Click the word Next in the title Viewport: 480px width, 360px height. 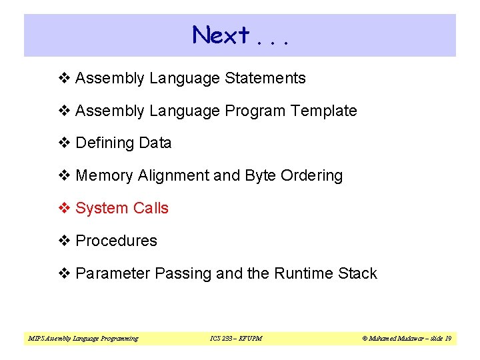221,35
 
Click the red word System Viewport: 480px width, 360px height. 102,208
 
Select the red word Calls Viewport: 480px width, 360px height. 151,208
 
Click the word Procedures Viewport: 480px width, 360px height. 117,241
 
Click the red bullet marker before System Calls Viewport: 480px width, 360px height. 65,208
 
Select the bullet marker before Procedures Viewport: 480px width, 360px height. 65,241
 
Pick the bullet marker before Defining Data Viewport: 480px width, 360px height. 65,143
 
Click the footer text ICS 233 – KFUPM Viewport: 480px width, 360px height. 236,339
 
